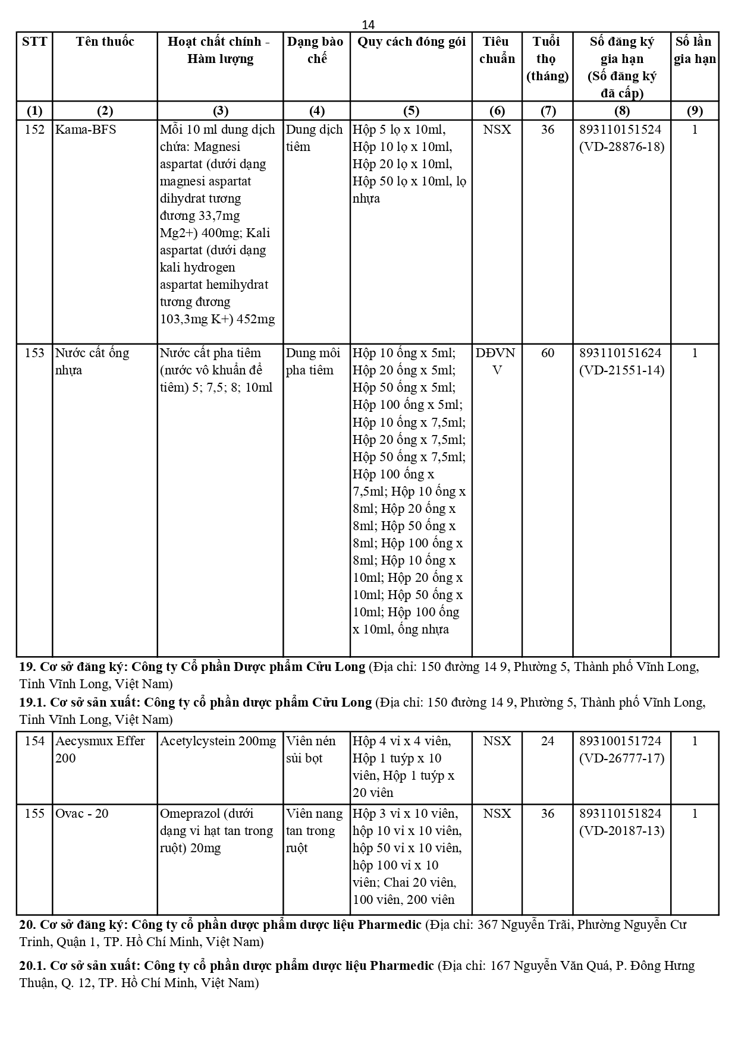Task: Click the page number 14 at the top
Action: click(368, 24)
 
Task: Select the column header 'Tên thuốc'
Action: click(105, 42)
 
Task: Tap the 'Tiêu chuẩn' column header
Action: click(497, 50)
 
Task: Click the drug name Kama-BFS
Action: click(86, 130)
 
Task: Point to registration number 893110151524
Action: click(621, 130)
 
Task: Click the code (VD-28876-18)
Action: click(621, 147)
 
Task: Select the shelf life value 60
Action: click(547, 353)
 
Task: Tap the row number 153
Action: click(34, 353)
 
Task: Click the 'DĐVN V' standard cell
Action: click(496, 361)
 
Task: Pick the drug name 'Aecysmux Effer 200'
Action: click(100, 749)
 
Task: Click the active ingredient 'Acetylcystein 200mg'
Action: click(218, 741)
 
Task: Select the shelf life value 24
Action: click(547, 741)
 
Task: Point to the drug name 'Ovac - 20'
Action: click(82, 814)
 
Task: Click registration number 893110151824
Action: click(621, 814)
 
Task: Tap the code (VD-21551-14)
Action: click(621, 370)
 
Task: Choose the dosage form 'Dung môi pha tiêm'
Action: click(313, 361)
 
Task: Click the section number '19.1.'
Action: click(32, 702)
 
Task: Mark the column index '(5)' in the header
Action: click(411, 111)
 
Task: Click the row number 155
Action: click(34, 814)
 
